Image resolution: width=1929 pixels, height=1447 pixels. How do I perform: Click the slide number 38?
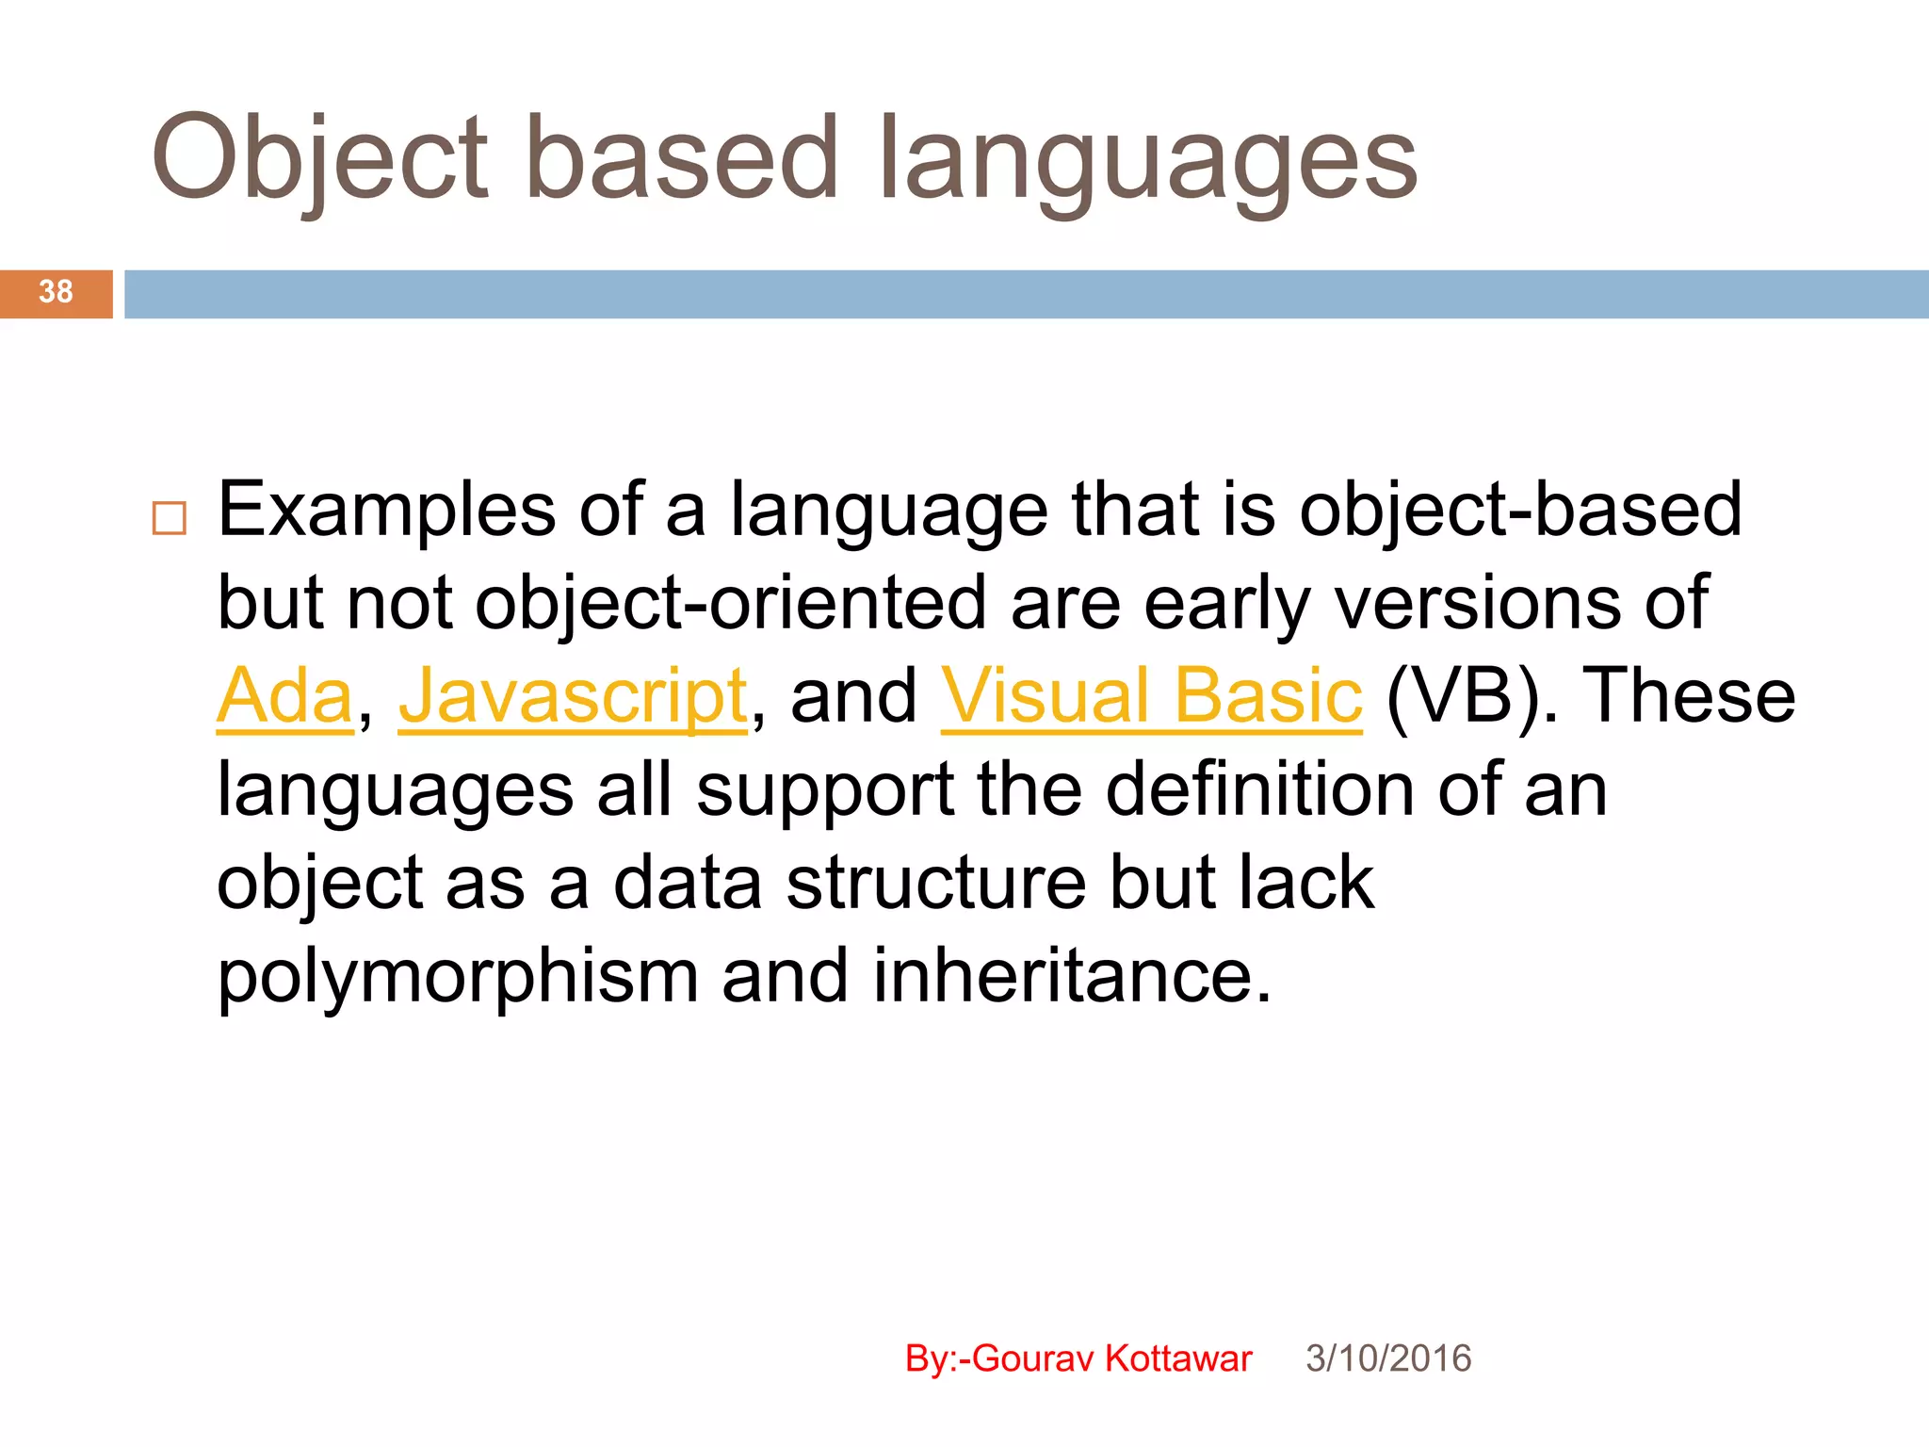click(56, 292)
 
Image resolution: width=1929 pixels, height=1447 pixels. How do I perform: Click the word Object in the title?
click(320, 160)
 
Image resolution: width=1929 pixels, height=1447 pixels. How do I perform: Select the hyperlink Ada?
click(284, 697)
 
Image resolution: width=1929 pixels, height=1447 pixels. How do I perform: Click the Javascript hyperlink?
click(573, 697)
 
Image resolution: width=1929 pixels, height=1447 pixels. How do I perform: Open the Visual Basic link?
click(1151, 697)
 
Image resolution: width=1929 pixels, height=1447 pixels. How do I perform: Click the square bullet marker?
click(170, 519)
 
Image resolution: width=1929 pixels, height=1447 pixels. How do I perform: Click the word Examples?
click(386, 512)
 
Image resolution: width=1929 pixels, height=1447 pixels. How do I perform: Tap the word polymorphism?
click(458, 977)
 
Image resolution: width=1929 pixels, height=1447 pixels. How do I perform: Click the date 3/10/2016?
click(1387, 1358)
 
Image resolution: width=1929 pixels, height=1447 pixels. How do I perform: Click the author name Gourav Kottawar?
click(1111, 1358)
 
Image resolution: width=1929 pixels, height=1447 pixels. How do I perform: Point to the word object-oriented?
click(731, 604)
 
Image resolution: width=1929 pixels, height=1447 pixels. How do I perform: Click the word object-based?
click(1520, 512)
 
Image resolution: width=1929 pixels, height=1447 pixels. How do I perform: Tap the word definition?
click(1259, 790)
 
